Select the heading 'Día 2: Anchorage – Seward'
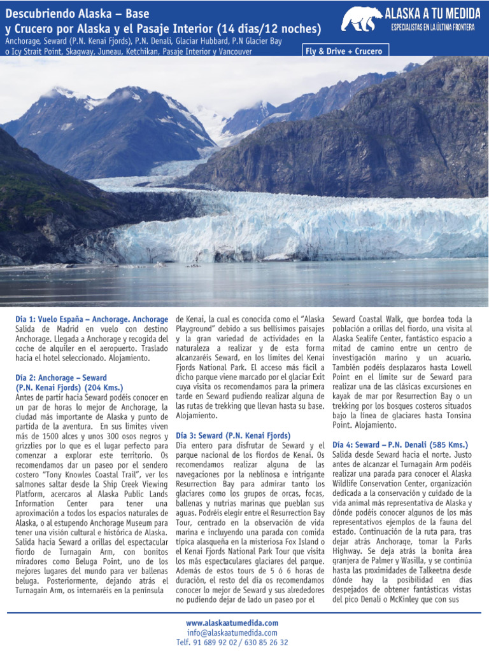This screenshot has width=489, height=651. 61,376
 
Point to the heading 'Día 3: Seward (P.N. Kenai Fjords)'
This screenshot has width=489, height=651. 233,435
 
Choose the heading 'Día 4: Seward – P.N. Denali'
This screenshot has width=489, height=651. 400,444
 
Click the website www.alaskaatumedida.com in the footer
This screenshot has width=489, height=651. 232,623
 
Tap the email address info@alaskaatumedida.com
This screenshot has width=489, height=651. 232,633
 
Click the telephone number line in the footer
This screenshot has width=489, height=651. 232,643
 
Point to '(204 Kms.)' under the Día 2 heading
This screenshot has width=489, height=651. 103,387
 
